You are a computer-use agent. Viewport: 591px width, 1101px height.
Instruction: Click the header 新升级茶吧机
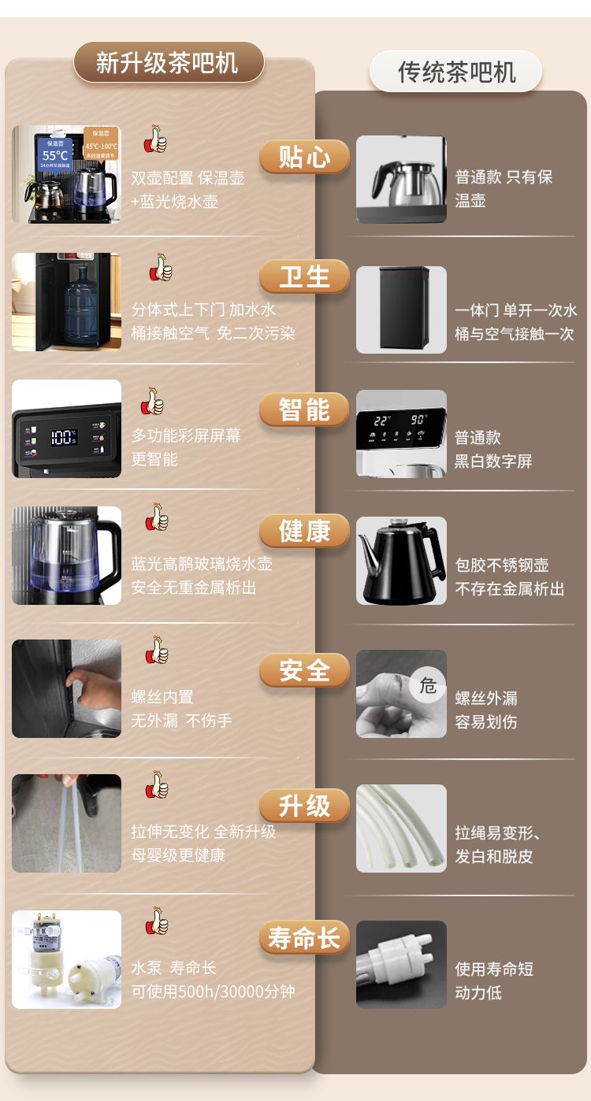coord(169,62)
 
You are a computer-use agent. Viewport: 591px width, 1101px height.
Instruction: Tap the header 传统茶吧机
coord(455,72)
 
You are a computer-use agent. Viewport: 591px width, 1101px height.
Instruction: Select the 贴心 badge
coord(304,157)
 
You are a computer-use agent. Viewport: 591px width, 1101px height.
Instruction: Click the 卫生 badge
coord(304,276)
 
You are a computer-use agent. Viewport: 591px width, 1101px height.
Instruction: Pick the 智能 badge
coord(304,410)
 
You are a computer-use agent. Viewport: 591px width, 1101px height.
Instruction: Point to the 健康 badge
coord(304,532)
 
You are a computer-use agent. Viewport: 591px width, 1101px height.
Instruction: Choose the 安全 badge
coord(304,670)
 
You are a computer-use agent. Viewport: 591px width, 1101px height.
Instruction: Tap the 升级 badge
coord(304,806)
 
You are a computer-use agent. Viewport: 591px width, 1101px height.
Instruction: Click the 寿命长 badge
coord(304,937)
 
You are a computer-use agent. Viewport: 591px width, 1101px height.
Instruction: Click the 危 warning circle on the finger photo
coord(427,684)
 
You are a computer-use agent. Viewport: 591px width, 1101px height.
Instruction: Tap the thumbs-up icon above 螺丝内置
coord(157,650)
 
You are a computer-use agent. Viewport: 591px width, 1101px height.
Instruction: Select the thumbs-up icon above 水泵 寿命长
coord(157,920)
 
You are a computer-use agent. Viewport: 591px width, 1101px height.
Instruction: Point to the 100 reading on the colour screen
coord(63,436)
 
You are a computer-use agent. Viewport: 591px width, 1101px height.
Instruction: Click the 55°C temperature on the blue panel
coord(55,156)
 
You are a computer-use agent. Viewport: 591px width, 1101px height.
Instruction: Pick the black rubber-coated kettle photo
coord(401,560)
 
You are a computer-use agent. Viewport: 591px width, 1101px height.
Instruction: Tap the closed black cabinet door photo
coord(401,310)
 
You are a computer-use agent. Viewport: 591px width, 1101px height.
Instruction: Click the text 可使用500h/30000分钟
coord(213,992)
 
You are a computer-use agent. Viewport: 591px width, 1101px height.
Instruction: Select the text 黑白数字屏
coord(493,461)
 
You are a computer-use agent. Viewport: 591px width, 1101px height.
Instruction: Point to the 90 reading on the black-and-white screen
coord(418,419)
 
